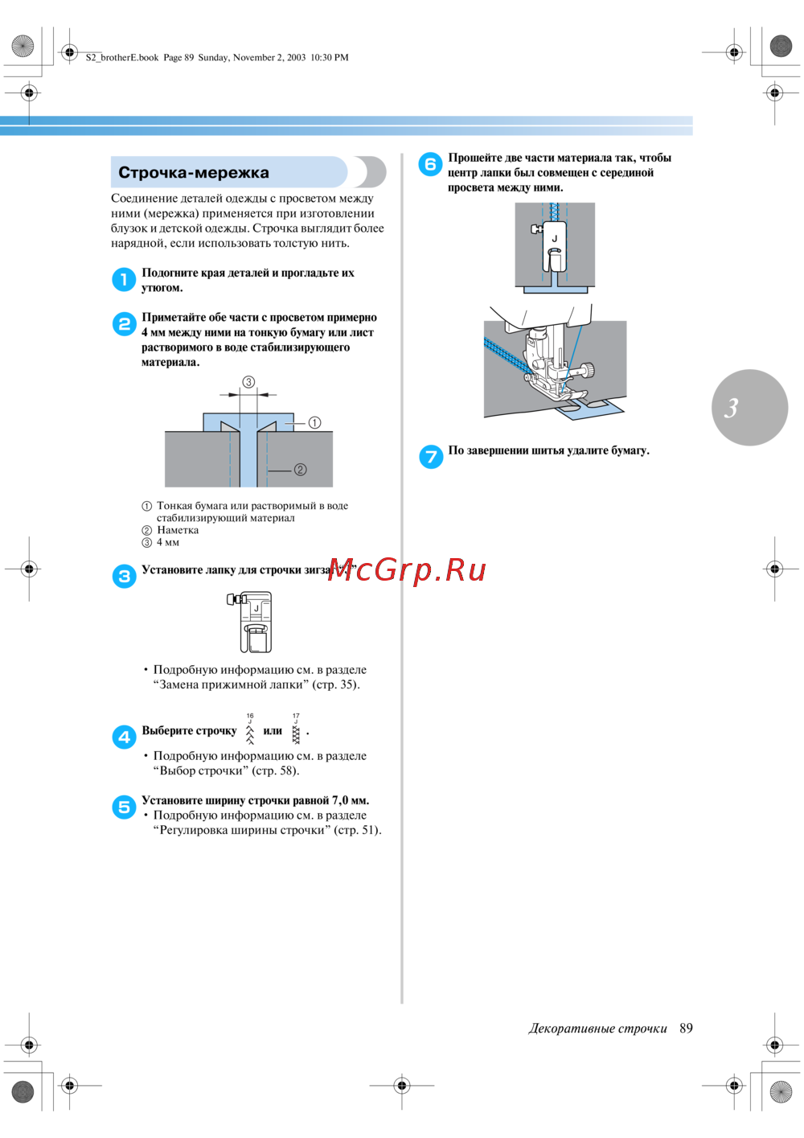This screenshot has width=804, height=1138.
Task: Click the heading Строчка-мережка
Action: coord(194,173)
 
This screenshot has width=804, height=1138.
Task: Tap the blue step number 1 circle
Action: coord(124,280)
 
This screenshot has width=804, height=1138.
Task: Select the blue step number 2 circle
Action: coord(124,324)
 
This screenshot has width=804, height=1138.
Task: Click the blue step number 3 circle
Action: coord(124,576)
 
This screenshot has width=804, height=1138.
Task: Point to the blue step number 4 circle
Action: coord(124,737)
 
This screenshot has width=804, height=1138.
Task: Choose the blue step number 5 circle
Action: coord(124,807)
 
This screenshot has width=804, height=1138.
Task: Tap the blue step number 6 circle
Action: coord(431,164)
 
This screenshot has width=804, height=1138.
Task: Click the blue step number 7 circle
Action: coord(431,457)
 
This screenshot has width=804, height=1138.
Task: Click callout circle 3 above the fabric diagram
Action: coord(249,382)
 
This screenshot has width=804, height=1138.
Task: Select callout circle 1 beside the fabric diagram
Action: coord(314,422)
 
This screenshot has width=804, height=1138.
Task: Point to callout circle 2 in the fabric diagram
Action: coord(300,470)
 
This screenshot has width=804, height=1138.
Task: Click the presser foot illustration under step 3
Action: coord(252,622)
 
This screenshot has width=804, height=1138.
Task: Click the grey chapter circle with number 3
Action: coord(749,407)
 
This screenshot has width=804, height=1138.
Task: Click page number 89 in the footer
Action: coord(686,1028)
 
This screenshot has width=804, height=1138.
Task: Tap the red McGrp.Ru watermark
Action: coord(407,569)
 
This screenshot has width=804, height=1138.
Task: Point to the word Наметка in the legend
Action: coord(178,530)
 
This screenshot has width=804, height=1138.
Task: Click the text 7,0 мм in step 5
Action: coord(350,800)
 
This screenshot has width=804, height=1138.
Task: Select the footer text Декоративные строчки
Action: coord(597,1028)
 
